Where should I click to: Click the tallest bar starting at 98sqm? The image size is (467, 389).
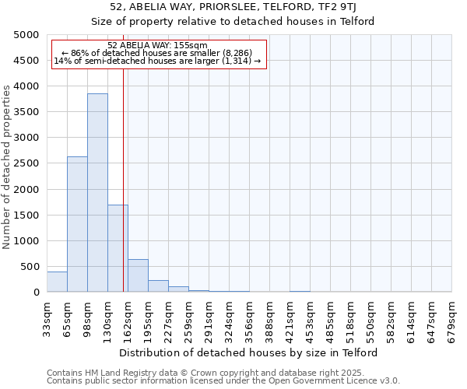[97, 193]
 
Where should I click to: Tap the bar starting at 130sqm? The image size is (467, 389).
[118, 248]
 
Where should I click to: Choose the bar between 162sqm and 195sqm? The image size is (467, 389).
[138, 275]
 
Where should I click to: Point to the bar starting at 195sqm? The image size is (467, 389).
[158, 286]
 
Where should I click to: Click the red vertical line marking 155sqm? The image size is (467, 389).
[123, 179]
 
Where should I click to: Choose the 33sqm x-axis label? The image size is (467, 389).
[47, 319]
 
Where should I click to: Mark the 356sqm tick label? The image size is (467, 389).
[249, 319]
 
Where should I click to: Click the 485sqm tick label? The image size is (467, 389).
[330, 319]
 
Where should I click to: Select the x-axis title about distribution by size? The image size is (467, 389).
[249, 352]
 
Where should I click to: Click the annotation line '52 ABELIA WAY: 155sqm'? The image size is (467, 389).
[158, 45]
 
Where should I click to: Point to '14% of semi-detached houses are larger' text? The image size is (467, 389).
[158, 61]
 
